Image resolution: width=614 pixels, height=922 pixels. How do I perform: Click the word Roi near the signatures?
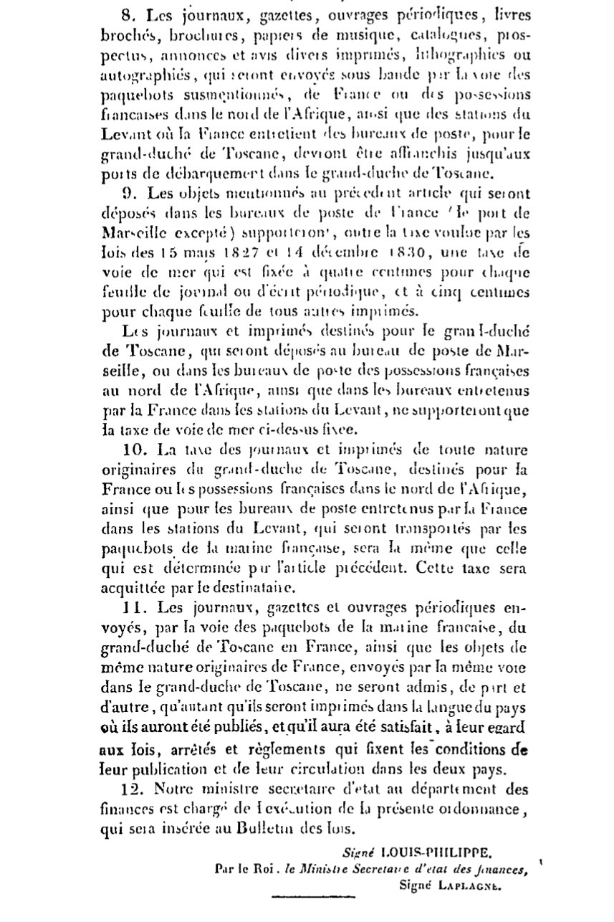click(254, 869)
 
